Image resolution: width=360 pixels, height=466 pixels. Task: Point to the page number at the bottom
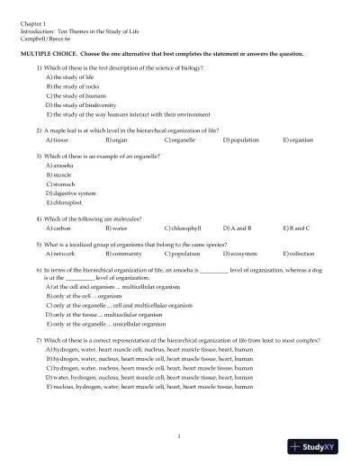point(180,435)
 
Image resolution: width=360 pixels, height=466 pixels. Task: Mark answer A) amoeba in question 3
point(60,166)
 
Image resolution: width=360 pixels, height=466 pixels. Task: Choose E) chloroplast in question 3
point(66,203)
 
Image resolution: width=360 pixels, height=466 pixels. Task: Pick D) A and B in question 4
point(238,229)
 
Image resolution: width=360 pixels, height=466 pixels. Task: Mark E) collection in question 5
point(299,255)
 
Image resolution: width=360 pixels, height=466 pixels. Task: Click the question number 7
point(39,340)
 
